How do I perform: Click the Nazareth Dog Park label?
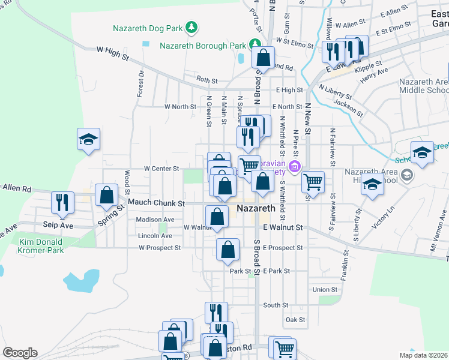[148, 28]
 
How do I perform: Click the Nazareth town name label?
[256, 209]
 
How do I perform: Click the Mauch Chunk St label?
[153, 203]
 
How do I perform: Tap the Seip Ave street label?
[58, 225]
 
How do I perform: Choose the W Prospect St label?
[160, 248]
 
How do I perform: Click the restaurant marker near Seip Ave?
[62, 203]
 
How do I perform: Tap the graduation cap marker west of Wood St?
[88, 140]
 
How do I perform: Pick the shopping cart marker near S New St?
[312, 181]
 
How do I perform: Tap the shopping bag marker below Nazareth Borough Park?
[263, 58]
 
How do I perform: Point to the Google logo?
[20, 353]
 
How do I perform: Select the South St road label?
[276, 305]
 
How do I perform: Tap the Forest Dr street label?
[140, 85]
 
